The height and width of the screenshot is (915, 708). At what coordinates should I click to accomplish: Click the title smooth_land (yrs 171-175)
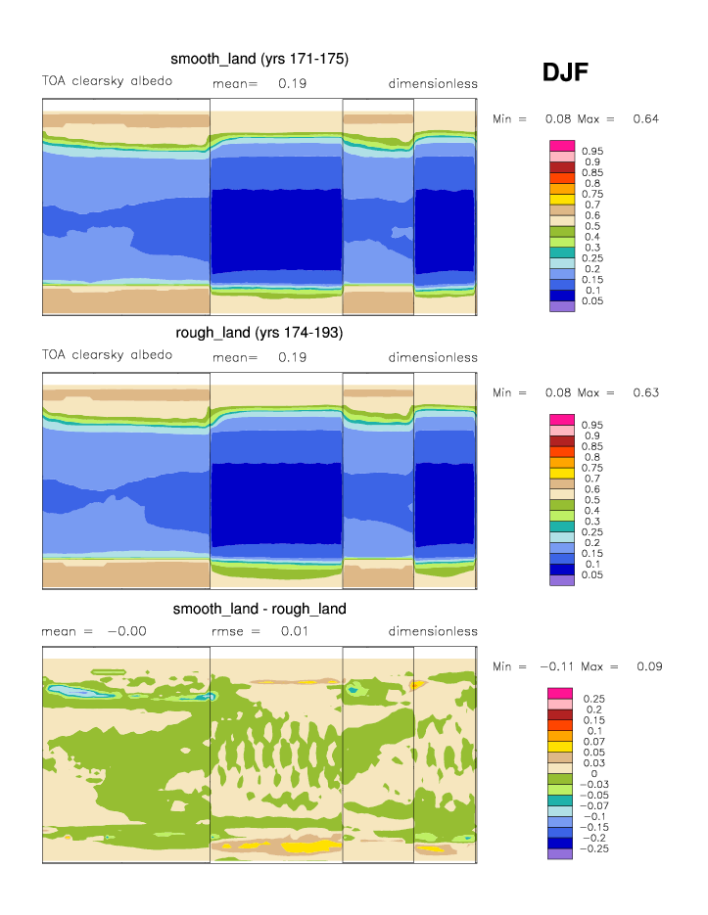pos(260,60)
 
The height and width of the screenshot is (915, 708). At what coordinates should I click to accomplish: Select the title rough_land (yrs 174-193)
pos(260,334)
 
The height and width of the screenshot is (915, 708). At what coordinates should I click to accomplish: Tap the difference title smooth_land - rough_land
pos(260,609)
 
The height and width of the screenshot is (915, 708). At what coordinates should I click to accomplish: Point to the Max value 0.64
pos(645,119)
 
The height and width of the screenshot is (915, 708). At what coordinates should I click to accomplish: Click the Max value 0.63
pos(645,393)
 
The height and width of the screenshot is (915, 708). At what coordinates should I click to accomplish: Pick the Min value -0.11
pos(557,667)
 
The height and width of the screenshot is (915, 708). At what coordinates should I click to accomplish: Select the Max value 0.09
pos(649,667)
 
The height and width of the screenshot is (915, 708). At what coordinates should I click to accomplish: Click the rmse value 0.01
pos(295,631)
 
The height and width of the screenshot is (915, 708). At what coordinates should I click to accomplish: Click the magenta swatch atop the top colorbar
pos(562,146)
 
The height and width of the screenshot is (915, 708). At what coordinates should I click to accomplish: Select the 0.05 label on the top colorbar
pos(592,301)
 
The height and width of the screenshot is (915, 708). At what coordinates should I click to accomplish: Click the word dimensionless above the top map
pos(433,83)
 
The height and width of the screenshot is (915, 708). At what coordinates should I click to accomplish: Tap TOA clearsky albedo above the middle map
pos(107,354)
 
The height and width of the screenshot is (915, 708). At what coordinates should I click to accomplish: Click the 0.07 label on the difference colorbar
pos(593,742)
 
